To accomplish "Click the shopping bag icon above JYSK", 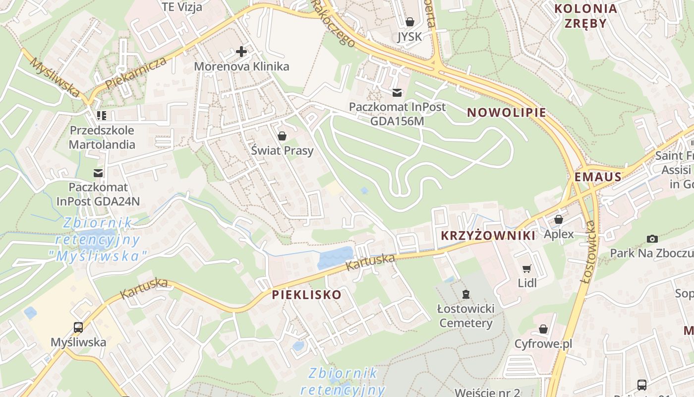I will tap(410, 22).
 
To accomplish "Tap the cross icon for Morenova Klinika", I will tap(241, 52).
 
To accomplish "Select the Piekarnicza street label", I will tap(135, 74).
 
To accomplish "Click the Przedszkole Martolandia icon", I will tap(102, 116).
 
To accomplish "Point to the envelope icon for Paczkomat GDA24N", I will tap(98, 173).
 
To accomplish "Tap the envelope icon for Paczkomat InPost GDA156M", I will tap(397, 92).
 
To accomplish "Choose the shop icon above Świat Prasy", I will tap(282, 135).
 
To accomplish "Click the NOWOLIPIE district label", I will tap(507, 113).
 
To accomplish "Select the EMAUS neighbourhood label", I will tap(598, 177).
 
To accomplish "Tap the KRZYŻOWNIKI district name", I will tap(488, 236).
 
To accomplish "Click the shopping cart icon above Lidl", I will tap(527, 268).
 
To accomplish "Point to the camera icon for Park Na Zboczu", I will tap(652, 239).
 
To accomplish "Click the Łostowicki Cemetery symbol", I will tap(465, 294).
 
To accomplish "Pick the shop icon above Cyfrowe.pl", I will tap(543, 329).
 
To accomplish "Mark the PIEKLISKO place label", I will tap(307, 295).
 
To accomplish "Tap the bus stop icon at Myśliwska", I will tap(78, 327).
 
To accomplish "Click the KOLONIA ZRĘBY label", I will tap(585, 16).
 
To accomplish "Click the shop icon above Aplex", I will tap(559, 219).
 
